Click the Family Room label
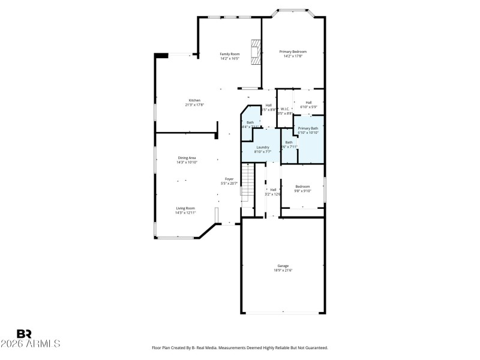point(229,54)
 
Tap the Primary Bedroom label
point(293,52)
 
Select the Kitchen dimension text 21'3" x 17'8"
point(194,105)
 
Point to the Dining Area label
point(187,157)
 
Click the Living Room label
point(185,208)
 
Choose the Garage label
point(283,265)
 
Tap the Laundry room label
point(263,147)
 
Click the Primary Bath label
point(308,128)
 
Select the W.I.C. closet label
point(286,109)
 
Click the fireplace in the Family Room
point(257,52)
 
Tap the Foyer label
point(229,179)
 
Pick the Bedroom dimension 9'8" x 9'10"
point(302,191)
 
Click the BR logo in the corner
point(25,334)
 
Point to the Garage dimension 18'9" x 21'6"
point(283,271)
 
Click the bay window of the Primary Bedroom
point(293,11)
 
